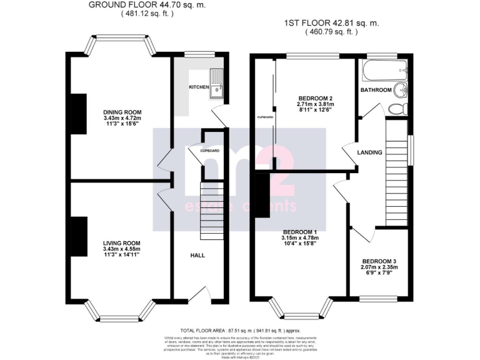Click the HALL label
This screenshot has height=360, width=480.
[x=197, y=255]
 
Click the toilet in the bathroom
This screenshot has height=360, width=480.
[x=396, y=109]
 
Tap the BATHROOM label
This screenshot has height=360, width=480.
[x=376, y=91]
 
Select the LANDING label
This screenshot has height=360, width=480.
[x=369, y=152]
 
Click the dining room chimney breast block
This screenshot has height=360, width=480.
[x=78, y=113]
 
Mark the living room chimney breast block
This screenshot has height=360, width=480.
[x=78, y=238]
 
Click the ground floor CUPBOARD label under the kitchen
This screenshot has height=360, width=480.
[x=209, y=151]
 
